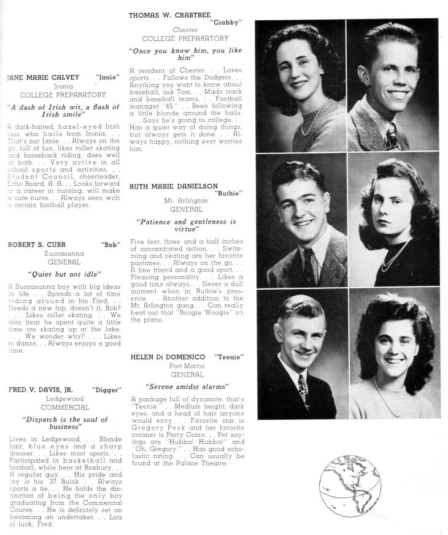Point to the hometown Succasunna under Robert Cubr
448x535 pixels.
64,253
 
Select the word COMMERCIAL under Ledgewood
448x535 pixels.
64,407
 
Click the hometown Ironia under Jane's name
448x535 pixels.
63,87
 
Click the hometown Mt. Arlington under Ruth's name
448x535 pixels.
186,201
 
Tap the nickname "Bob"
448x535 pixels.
110,244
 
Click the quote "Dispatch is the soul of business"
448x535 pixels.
64,423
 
